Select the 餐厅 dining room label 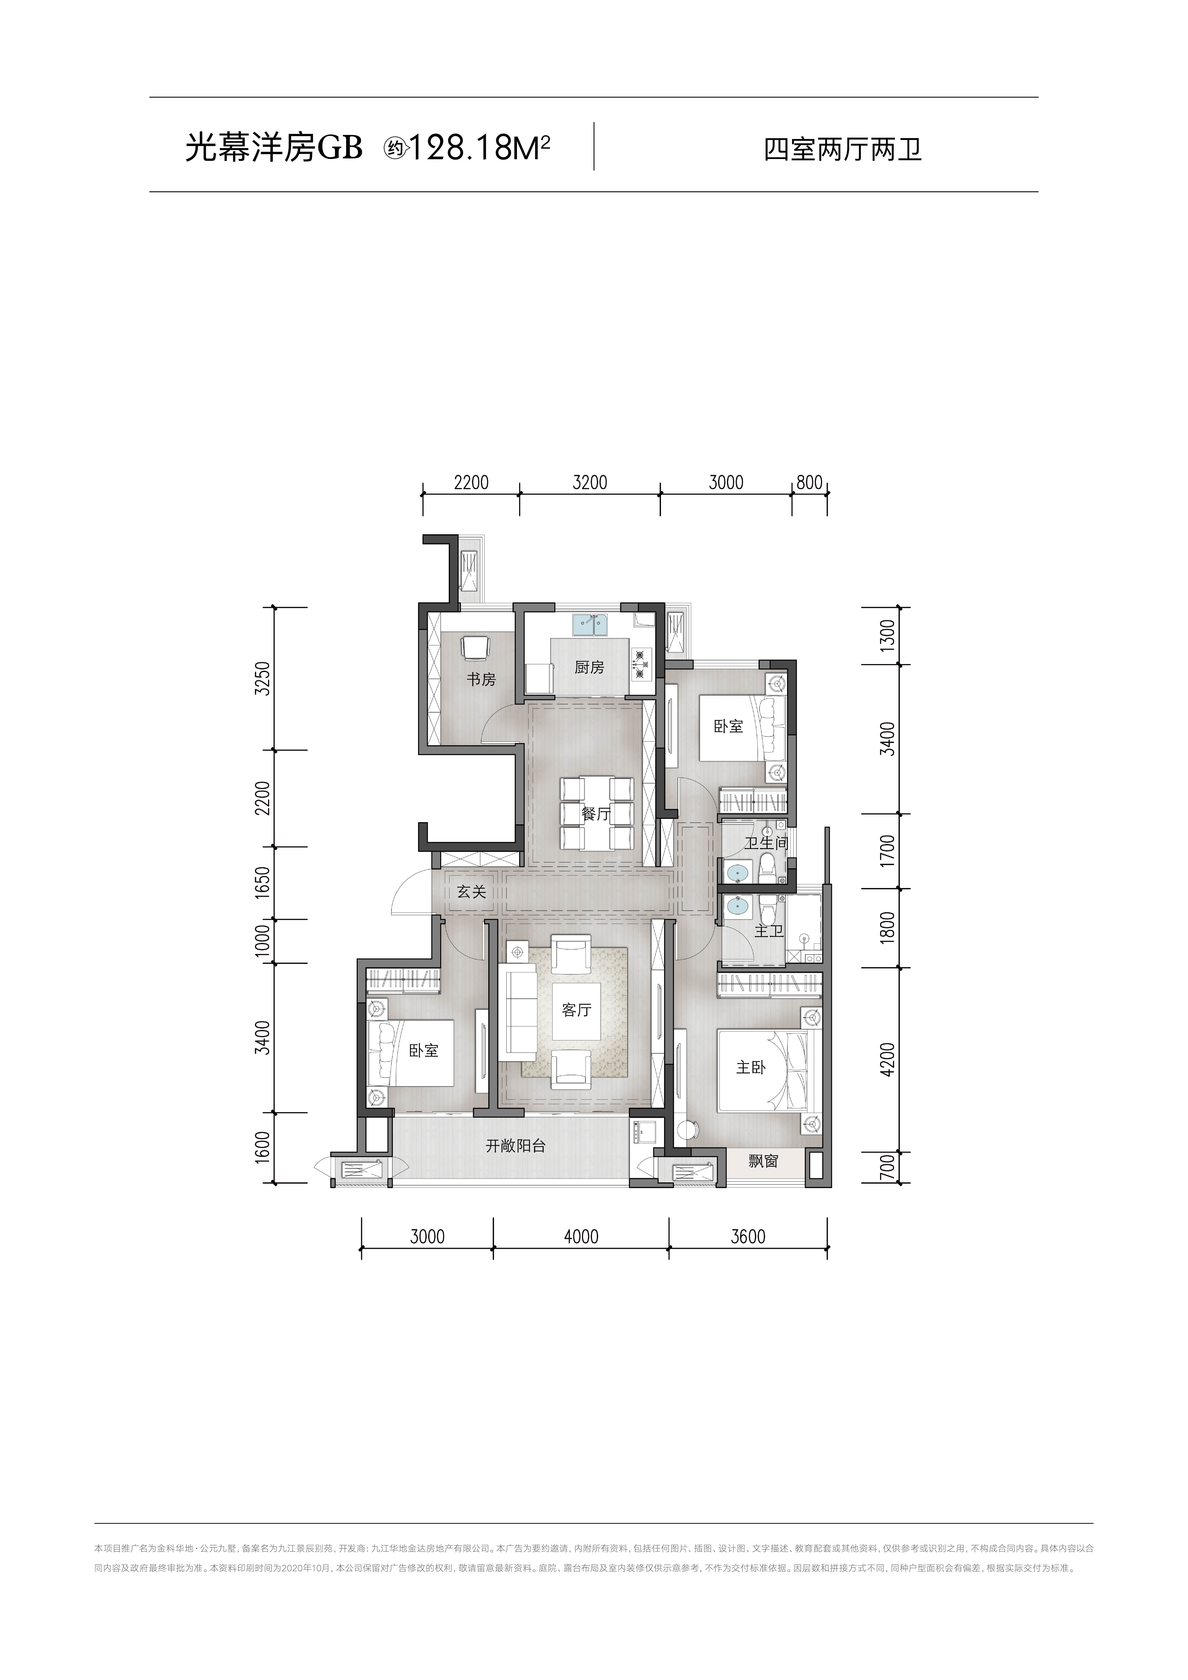596,814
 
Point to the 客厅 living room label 576,1010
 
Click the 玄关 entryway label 472,892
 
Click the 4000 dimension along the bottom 582,1237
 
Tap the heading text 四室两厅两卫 843,150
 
